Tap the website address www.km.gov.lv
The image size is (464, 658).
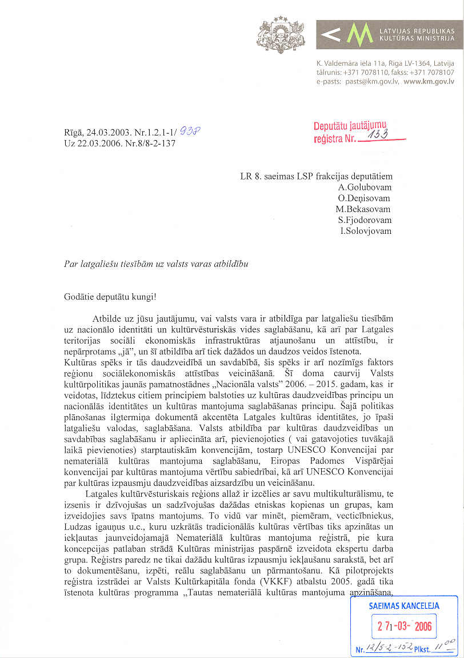429,82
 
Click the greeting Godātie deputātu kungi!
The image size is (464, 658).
110,297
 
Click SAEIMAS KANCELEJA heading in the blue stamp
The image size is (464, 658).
404,605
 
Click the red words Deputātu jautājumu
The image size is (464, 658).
350,126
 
